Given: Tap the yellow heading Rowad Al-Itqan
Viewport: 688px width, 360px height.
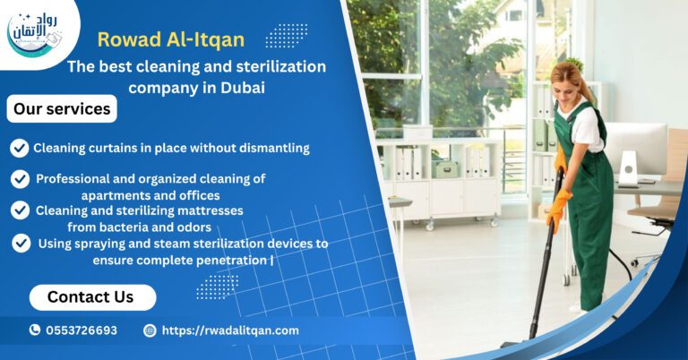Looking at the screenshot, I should [170, 39].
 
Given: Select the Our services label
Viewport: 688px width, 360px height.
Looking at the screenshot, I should [62, 109].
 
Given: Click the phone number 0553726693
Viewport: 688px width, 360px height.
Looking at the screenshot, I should [82, 330].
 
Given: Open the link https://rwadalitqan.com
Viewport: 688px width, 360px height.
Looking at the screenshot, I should [230, 330].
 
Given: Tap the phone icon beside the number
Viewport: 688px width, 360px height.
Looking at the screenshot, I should [35, 330].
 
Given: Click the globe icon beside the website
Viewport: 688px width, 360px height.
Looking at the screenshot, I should [150, 330].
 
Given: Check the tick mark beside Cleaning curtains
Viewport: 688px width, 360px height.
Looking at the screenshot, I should [19, 148].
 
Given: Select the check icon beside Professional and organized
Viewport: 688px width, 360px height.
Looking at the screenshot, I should [19, 179].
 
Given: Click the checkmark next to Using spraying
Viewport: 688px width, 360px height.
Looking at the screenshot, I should [21, 243].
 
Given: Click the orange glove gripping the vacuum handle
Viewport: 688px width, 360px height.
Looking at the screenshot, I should [556, 211].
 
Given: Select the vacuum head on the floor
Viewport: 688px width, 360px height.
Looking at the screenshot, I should [517, 343].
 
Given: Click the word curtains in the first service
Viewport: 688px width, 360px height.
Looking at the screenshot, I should [112, 148].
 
